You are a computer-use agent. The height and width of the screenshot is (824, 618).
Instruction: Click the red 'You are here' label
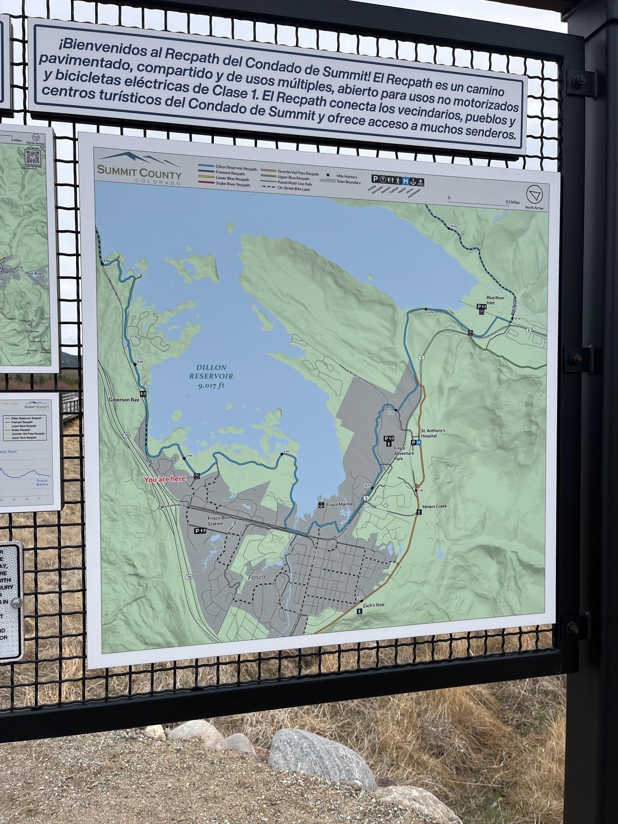165,479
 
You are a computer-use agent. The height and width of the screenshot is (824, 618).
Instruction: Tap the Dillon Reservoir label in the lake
211,376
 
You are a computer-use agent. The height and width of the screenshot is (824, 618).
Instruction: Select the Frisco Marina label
339,504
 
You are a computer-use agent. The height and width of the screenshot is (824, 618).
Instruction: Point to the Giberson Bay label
124,400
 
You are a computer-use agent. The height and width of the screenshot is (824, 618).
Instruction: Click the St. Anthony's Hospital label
433,433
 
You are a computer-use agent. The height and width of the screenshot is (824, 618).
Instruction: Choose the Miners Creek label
434,506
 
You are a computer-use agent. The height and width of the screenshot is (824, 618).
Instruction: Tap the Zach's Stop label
374,605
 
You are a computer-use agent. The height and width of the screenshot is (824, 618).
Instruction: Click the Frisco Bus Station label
215,521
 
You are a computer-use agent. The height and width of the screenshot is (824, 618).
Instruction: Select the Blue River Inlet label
495,300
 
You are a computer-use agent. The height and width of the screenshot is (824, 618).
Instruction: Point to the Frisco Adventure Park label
403,453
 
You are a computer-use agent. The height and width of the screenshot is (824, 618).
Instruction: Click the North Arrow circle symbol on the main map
534,195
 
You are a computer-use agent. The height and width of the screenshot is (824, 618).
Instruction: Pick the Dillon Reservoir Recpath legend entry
236,169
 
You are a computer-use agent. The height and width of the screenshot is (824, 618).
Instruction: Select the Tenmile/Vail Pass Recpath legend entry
298,173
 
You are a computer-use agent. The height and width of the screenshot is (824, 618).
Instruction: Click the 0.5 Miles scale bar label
512,202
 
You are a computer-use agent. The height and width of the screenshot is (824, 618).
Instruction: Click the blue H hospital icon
418,442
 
